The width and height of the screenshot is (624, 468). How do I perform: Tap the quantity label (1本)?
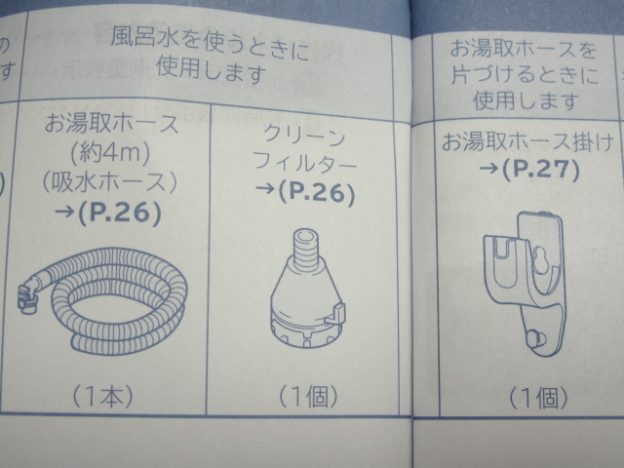tap(101, 397)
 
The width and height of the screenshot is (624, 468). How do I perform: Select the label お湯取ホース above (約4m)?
tap(112, 124)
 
